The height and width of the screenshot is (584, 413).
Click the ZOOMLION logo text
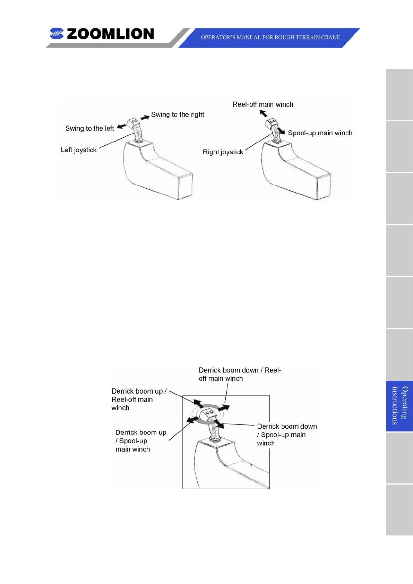[x=110, y=34]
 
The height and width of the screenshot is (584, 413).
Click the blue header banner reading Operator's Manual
[x=270, y=37]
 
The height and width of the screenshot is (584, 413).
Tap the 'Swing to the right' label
[x=178, y=114]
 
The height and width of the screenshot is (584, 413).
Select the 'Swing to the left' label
[x=89, y=128]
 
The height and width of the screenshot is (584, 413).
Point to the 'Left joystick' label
[x=79, y=150]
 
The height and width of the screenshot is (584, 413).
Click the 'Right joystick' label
[x=223, y=152]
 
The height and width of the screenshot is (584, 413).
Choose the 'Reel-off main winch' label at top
[x=263, y=104]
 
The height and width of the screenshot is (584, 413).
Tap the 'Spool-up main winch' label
[x=320, y=133]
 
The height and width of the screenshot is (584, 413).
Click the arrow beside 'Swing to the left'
[x=122, y=127]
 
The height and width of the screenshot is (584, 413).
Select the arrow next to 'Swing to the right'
[x=145, y=117]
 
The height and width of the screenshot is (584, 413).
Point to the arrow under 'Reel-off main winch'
[x=264, y=113]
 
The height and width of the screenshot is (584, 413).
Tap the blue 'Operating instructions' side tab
[x=399, y=405]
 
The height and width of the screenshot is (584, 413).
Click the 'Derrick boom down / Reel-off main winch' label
[x=240, y=374]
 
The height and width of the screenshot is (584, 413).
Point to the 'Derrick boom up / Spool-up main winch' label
[x=140, y=441]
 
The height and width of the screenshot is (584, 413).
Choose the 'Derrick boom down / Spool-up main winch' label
[x=287, y=435]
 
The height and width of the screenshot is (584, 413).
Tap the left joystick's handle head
[x=133, y=122]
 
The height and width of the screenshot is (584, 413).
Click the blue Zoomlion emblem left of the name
[x=57, y=34]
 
